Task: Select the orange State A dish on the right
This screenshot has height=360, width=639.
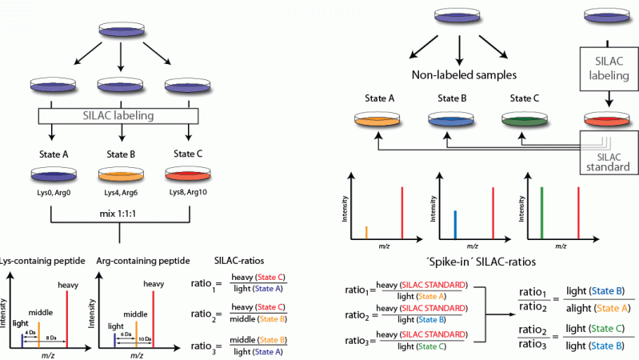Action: point(378,122)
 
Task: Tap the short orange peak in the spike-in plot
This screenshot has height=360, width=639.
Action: point(366,232)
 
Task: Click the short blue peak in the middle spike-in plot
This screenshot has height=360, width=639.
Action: point(454,224)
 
